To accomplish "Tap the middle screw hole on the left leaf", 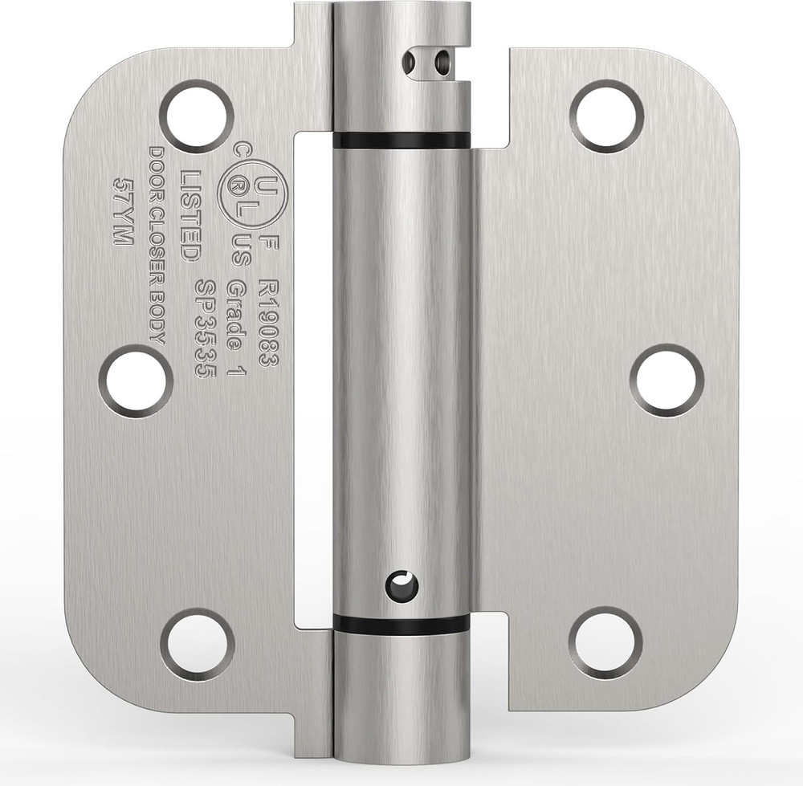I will click(136, 381).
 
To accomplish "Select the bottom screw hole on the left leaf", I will click(198, 645).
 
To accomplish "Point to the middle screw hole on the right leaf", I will click(666, 381).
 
